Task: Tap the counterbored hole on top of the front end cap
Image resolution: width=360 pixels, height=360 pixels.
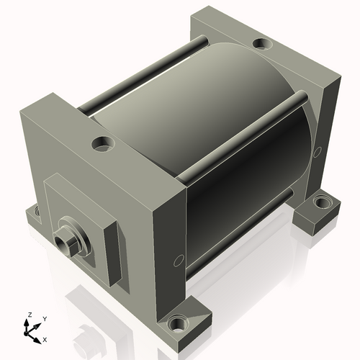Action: click(102, 144)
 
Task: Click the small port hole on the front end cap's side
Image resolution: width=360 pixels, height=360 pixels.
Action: click(176, 261)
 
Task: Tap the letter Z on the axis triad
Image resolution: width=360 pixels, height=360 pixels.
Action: click(30, 315)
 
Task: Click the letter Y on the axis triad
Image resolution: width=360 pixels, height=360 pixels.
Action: click(44, 318)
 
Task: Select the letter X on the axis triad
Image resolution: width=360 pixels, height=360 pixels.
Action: click(45, 338)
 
